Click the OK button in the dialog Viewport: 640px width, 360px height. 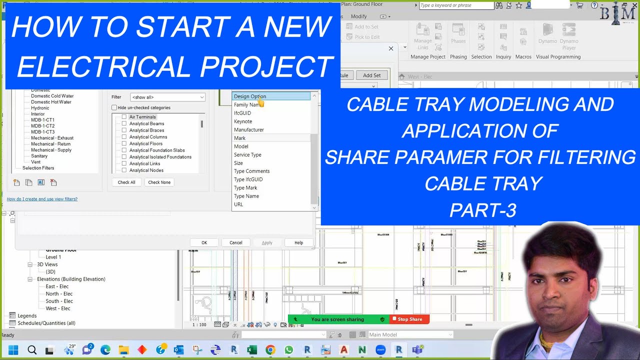coord(204,242)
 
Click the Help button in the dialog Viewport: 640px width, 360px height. coord(298,242)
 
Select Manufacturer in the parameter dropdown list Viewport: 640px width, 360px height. coord(248,129)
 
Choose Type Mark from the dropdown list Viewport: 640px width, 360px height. coord(245,188)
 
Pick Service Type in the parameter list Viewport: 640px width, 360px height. coord(247,154)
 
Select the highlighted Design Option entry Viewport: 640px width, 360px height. coord(250,96)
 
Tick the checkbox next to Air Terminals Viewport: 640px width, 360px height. coord(124,117)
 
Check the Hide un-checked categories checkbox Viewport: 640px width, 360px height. coord(114,107)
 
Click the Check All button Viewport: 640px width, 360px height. coord(126,182)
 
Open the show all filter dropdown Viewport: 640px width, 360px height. coord(167,97)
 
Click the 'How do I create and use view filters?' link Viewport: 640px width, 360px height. coord(42,199)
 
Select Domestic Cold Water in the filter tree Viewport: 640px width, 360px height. coord(52,96)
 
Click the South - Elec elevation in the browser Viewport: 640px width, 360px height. coord(59,301)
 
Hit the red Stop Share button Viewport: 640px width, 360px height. coord(409,319)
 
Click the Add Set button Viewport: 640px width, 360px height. coord(371,75)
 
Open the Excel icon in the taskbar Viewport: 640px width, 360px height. coord(252,350)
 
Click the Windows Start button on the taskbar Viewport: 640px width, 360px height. coord(13,350)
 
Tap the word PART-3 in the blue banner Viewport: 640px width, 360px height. coord(482,210)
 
